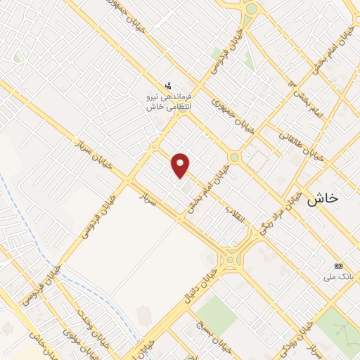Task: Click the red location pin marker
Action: tap(181, 165)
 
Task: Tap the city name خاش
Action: tap(322, 198)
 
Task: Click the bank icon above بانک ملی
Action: tap(339, 266)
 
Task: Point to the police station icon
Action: tap(167, 85)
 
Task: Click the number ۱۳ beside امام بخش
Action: tap(290, 84)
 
